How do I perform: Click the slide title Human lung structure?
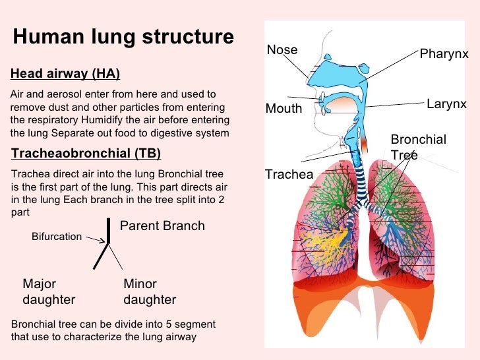(123, 37)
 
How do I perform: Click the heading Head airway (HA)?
(65, 73)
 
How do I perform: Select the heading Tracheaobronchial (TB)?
(86, 154)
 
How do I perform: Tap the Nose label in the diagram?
(282, 50)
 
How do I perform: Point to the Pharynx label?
(444, 53)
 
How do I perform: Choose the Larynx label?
(446, 104)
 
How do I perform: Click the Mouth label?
(284, 109)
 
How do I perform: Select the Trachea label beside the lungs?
(289, 174)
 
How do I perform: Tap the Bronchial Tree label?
(417, 146)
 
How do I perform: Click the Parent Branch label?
(162, 226)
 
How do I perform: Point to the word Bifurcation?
(57, 237)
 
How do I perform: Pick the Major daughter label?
(49, 292)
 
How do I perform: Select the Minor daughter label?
(150, 292)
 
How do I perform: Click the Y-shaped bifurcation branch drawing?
(105, 244)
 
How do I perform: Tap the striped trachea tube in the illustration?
(360, 178)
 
